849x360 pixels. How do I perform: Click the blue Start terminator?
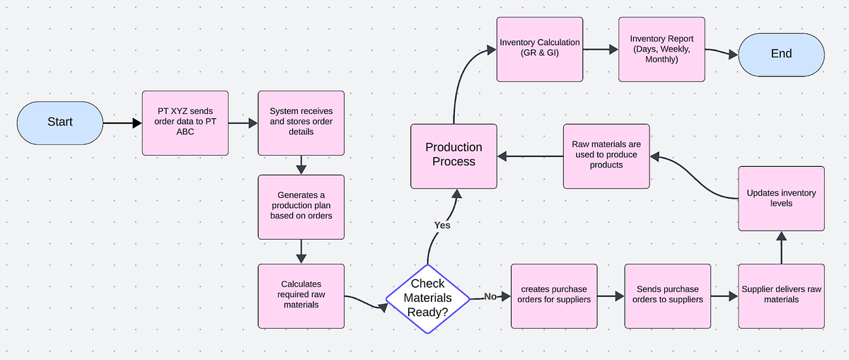coord(60,122)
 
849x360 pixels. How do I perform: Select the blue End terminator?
coord(781,54)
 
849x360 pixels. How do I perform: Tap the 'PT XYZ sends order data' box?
coord(185,122)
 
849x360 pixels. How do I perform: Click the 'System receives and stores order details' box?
coord(301,122)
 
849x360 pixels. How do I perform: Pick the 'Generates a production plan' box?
coord(301,207)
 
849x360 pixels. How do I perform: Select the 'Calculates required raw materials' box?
coord(301,296)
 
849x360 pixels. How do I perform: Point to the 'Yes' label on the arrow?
coord(441,225)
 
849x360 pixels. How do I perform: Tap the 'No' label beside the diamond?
coord(490,296)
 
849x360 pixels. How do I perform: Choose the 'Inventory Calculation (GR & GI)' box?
coord(539,49)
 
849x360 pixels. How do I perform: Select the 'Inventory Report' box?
coord(662,49)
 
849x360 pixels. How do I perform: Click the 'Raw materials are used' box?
coord(606,156)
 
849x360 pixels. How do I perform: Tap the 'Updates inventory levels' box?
coord(781,198)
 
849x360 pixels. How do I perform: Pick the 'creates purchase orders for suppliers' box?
coord(553,296)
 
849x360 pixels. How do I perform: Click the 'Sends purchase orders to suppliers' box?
coord(667,296)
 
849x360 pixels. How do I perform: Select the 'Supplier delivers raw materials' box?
coord(781,296)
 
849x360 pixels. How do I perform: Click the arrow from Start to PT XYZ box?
coord(122,123)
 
